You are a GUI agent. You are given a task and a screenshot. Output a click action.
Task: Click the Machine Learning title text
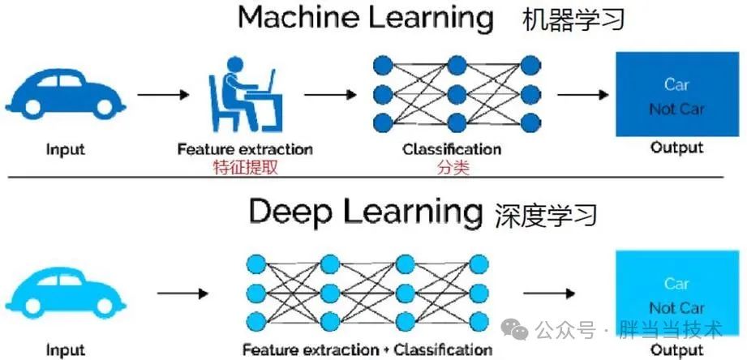(x=366, y=18)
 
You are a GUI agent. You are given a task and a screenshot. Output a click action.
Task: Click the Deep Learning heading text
(x=365, y=212)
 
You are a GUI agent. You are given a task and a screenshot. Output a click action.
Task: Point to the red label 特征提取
(x=244, y=168)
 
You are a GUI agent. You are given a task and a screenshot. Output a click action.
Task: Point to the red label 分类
(x=450, y=168)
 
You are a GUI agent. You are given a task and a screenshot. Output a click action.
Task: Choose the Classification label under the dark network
(x=451, y=149)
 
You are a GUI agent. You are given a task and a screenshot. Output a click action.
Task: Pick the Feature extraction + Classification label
(x=367, y=350)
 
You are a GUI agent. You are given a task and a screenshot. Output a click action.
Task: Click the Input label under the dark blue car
(x=65, y=149)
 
